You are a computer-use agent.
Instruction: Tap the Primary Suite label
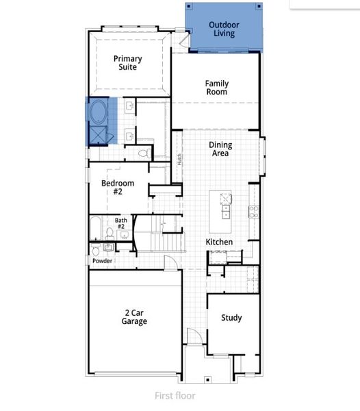pos(128,63)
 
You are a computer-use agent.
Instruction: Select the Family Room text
pos(216,88)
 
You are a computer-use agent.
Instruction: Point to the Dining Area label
pos(220,149)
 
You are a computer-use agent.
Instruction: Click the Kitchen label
pos(219,242)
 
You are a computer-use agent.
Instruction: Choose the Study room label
pos(231,318)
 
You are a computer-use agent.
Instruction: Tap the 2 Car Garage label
pos(134,316)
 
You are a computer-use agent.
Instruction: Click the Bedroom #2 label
pos(118,188)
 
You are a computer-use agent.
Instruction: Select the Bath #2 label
pos(120,223)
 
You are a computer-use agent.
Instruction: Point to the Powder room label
pos(102,261)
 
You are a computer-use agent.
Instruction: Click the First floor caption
pos(175,395)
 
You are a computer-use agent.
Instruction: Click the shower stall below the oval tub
pos(98,135)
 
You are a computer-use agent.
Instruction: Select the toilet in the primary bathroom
pos(143,153)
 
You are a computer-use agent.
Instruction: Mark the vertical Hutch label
pos(180,160)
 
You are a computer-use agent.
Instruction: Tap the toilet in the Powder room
pos(97,249)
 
